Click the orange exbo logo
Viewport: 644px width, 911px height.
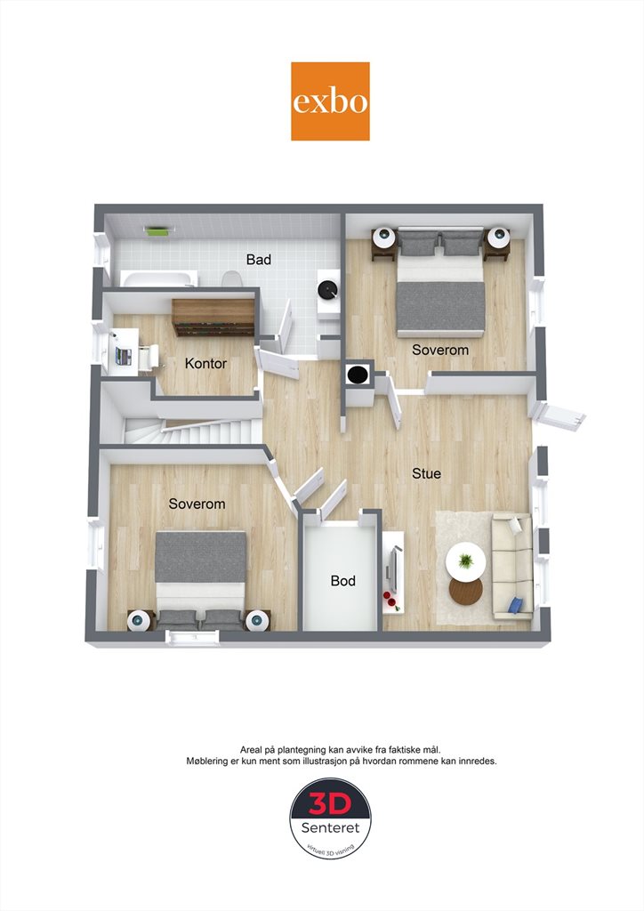pos(330,101)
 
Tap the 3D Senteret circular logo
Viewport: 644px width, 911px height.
pos(330,818)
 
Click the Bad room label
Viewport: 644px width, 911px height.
pos(259,259)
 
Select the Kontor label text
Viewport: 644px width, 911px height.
pos(205,363)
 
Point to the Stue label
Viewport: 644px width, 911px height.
pos(426,473)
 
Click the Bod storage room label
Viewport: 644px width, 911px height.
pos(342,580)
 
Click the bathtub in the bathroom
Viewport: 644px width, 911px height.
pos(158,278)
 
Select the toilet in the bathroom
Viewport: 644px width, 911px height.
pos(232,278)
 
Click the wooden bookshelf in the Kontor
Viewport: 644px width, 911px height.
pos(213,318)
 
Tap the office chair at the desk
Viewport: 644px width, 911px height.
pos(148,358)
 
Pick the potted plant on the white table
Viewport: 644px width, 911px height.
pos(465,560)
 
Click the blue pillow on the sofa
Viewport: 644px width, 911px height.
pos(515,605)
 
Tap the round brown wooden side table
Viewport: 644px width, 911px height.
pos(466,591)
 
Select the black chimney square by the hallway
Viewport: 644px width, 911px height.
pos(358,375)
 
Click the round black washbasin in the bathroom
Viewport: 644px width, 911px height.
pos(328,289)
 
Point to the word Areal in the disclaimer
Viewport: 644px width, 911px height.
pos(251,750)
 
